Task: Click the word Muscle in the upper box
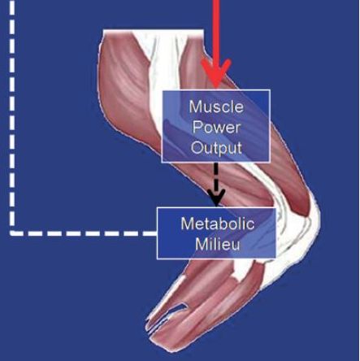coord(216,107)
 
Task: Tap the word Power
coord(216,127)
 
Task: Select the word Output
coord(216,148)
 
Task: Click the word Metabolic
coord(218,224)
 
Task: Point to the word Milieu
coord(218,245)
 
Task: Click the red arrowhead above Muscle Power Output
coord(216,72)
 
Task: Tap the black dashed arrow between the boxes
coord(216,185)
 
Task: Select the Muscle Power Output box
coord(216,126)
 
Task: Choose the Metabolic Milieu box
coord(216,233)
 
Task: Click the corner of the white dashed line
coord(12,233)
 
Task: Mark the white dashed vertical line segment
coord(12,116)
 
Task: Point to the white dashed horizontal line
coord(83,233)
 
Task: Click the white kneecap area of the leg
coord(309,222)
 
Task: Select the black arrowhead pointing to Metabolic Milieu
coord(216,198)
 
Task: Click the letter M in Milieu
coord(201,245)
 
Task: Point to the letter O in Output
coord(197,148)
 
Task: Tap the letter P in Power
coord(197,127)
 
